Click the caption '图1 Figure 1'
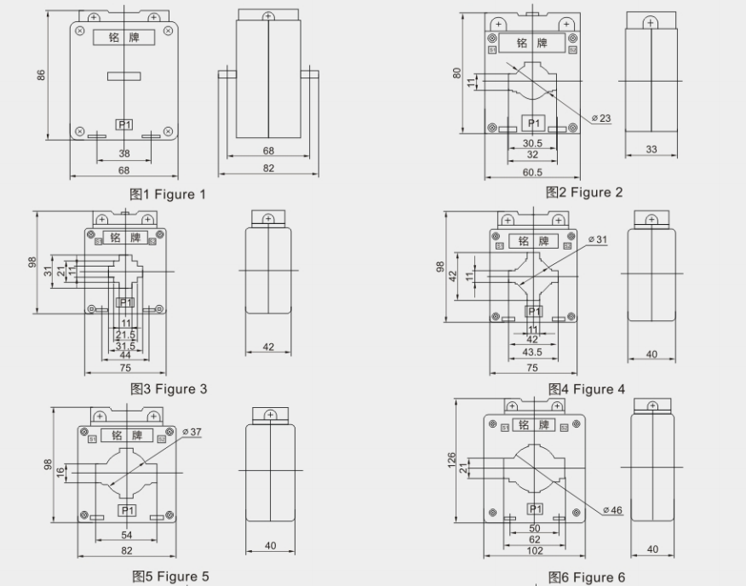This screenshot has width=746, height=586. [168, 194]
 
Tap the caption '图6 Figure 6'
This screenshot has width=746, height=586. [586, 577]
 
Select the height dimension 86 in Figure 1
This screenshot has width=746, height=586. [41, 76]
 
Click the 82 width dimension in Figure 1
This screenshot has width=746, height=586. [269, 169]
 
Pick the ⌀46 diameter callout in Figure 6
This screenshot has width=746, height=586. [613, 509]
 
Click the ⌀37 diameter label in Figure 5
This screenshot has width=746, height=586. [192, 433]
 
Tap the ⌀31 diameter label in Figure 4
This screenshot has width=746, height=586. [598, 239]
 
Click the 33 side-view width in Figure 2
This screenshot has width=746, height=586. [651, 149]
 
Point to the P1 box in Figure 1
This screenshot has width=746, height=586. [124, 124]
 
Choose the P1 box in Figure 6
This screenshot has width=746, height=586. [535, 508]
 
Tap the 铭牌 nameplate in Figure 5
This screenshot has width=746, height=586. [127, 435]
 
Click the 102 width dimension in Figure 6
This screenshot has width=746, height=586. [533, 551]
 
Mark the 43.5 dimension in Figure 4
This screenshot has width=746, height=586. [532, 352]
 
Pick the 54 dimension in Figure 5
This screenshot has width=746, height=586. [127, 535]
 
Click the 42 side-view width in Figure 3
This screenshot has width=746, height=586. [268, 347]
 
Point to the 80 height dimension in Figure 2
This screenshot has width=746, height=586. [457, 73]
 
